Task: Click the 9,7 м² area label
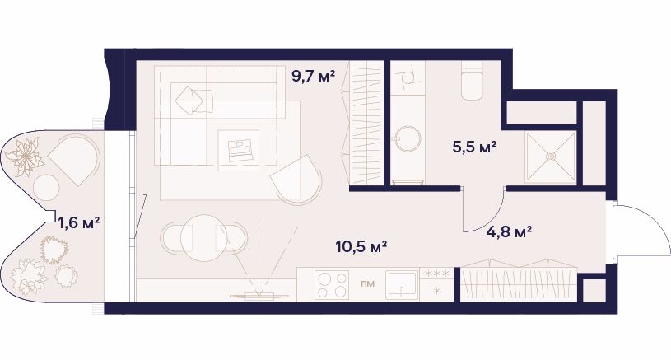(x=313, y=77)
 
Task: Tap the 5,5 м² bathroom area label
(x=474, y=147)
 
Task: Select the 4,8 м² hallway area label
(x=510, y=232)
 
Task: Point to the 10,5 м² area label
(x=361, y=246)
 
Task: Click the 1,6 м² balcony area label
(x=79, y=222)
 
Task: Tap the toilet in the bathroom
(x=472, y=82)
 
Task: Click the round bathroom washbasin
(x=408, y=138)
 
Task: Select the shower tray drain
(x=551, y=157)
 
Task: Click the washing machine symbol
(x=408, y=78)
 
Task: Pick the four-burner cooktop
(x=331, y=285)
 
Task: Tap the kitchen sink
(x=402, y=285)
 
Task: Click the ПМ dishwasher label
(x=366, y=283)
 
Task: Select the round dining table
(x=204, y=238)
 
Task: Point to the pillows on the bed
(x=193, y=101)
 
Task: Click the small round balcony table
(x=46, y=189)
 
